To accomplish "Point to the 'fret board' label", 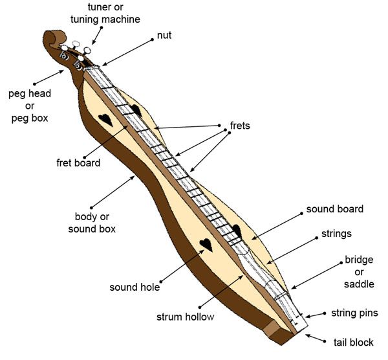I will [78, 163].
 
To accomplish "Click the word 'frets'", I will [240, 125].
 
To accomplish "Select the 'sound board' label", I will [334, 209].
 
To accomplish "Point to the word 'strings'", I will [336, 233].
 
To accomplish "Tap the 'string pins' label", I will [354, 313].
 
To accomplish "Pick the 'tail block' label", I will [353, 342].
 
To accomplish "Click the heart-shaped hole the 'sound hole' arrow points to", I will [205, 245].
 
